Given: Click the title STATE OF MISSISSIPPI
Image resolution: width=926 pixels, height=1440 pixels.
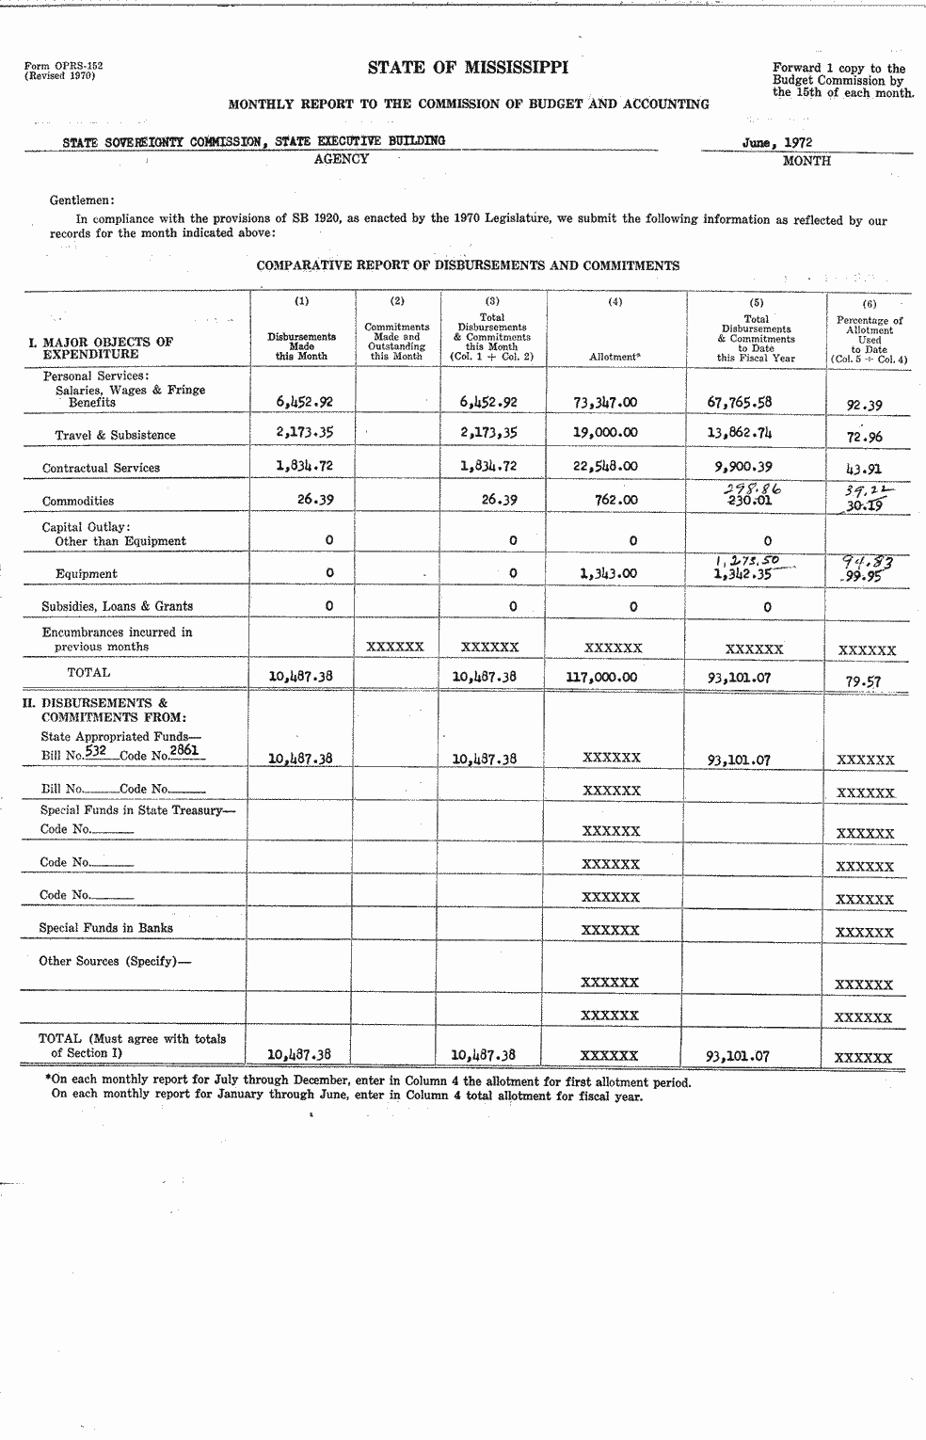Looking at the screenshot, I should tap(468, 68).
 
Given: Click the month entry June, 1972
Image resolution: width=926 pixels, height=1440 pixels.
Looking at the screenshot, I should tap(776, 143).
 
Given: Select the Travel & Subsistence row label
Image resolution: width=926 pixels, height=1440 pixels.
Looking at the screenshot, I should tap(115, 435).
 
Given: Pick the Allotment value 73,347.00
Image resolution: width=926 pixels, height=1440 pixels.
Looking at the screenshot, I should tap(605, 402).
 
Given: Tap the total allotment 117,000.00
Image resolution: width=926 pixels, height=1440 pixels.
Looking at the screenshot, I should tap(601, 677).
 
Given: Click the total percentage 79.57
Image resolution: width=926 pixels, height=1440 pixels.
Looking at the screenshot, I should tap(863, 680).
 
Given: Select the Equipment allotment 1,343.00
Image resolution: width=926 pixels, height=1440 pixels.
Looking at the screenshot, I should tap(605, 573).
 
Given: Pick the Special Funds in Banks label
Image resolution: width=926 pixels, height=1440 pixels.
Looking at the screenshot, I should tap(105, 928).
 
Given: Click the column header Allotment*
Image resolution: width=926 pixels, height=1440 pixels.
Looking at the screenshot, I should tap(615, 358).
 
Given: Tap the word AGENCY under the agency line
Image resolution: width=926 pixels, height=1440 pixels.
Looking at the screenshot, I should tap(341, 159).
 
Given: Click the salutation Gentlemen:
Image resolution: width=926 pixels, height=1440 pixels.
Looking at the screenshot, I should tap(82, 200).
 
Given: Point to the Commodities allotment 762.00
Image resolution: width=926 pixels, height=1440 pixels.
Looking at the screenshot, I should tap(616, 500).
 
